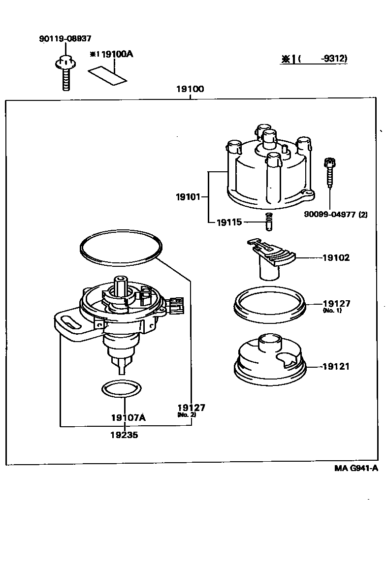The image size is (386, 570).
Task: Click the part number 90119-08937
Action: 64,38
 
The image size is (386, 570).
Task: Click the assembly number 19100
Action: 190,90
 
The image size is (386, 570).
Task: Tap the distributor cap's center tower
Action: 268,138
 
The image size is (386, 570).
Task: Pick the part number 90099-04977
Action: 328,214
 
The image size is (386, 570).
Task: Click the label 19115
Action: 229,222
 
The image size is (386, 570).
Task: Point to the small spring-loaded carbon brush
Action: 268,222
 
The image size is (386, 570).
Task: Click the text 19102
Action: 336,257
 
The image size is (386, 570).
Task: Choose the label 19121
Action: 336,367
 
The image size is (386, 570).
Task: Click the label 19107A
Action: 128,417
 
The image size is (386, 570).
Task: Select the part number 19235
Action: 124,435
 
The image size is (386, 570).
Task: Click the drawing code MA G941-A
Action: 356,468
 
